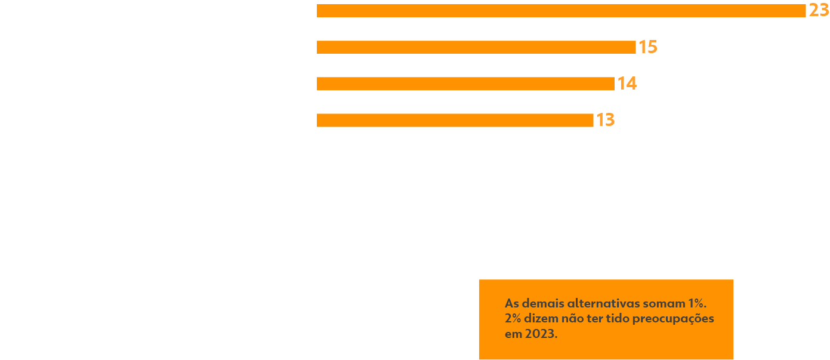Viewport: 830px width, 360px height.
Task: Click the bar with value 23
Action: tap(561, 11)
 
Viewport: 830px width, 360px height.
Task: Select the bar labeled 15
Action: tap(476, 47)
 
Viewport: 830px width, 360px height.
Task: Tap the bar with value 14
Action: tap(465, 84)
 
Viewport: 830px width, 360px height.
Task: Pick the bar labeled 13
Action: tap(455, 120)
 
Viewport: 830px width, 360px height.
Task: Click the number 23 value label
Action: tap(819, 11)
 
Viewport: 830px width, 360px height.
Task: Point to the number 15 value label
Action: tap(648, 47)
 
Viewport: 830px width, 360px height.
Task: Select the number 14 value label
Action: tap(627, 84)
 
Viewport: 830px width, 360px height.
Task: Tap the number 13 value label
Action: tap(605, 120)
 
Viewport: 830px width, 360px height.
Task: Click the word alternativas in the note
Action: tap(603, 303)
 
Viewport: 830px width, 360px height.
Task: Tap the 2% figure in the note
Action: tap(513, 318)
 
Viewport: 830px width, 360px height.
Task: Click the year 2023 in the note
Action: tap(541, 334)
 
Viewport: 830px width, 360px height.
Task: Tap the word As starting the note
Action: tap(511, 303)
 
